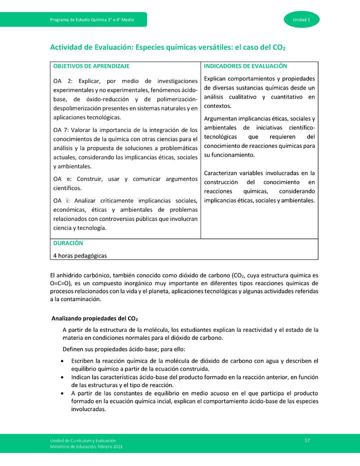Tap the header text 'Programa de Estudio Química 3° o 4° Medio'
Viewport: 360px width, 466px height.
pos(91,20)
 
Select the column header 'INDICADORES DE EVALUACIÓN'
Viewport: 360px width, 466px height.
pos(245,66)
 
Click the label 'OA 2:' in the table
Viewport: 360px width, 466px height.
pos(63,81)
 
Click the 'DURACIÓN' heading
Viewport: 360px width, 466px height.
pos(68,243)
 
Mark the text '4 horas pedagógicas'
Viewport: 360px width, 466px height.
pos(79,255)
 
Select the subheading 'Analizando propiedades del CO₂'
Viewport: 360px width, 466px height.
pos(95,318)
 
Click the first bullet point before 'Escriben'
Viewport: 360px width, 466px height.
pos(61,361)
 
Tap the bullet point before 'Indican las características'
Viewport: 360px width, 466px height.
pos(61,377)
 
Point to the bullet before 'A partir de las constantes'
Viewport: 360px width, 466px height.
pos(61,393)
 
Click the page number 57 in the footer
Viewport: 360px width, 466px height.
pos(307,440)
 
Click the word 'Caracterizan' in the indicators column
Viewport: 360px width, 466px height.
pos(222,173)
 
